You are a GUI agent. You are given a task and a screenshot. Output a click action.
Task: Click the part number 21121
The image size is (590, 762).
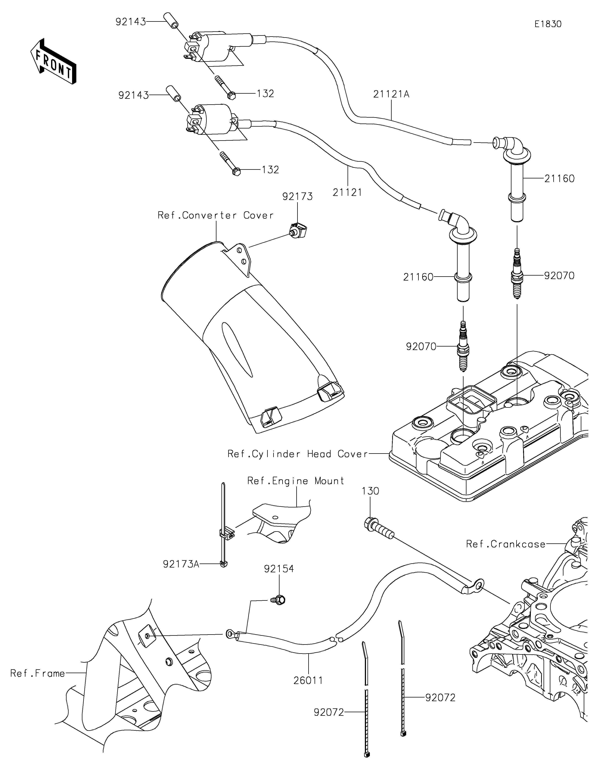pos(347,192)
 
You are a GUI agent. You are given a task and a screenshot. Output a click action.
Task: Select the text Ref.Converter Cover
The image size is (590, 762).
pos(215,215)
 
